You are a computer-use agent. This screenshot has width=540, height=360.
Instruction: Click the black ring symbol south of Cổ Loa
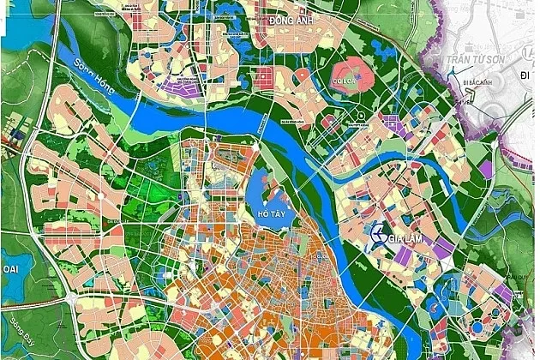[364, 117]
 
